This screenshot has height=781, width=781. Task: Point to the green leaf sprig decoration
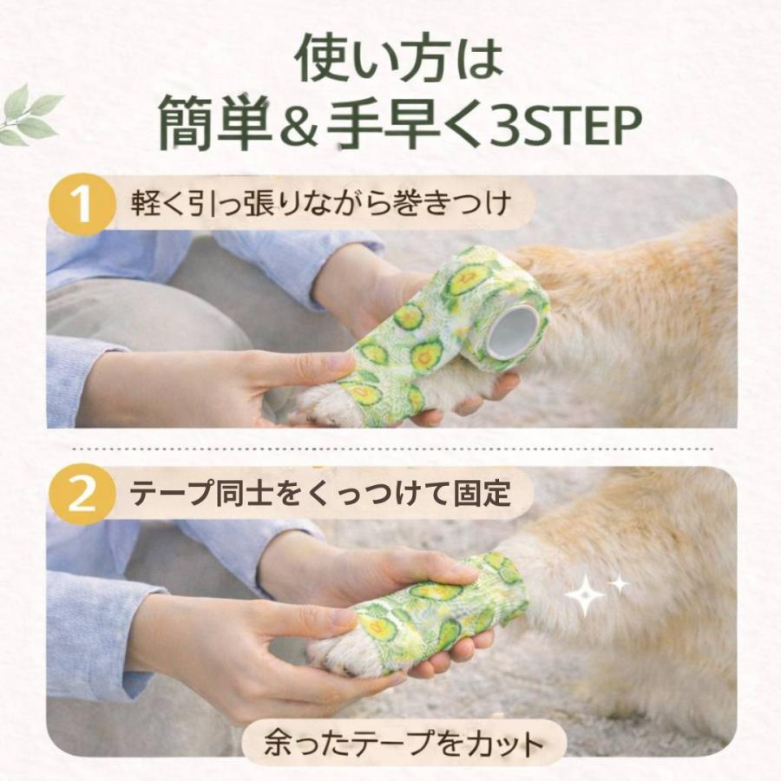coord(31,115)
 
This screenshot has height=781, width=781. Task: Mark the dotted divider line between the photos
coord(390,449)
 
